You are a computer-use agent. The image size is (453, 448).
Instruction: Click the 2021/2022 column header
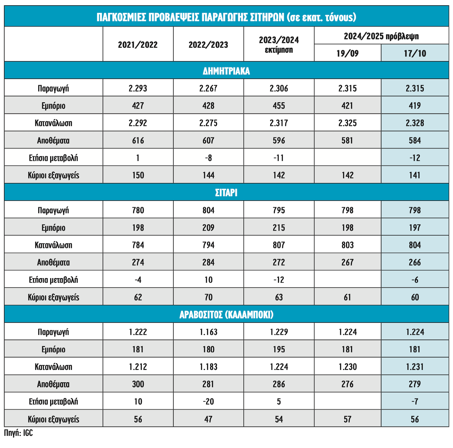coord(138,45)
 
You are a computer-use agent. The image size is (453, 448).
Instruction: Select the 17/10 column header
coord(414,53)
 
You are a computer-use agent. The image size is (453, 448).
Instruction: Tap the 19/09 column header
coord(347,53)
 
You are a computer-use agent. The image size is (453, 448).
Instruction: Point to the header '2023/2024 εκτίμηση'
coord(279,45)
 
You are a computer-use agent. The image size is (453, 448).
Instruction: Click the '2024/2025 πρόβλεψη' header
coord(381,36)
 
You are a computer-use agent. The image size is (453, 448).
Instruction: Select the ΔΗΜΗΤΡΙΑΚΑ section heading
coord(226,71)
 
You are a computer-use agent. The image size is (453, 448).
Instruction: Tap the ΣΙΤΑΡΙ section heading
coord(226,193)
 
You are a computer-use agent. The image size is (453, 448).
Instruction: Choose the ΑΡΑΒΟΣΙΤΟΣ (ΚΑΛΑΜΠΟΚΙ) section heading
coord(226,315)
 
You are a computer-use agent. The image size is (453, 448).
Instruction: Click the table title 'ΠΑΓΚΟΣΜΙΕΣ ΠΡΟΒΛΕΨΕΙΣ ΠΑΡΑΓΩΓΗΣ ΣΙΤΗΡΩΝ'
coord(226,17)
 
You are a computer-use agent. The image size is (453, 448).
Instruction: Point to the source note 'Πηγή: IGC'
coord(18,433)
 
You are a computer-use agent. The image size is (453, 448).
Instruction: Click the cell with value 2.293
coord(138,88)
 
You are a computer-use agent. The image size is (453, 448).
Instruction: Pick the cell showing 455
coord(279,106)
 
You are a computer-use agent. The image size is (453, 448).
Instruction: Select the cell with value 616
coord(138,140)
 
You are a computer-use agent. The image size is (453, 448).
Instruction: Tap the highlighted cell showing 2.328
coord(414,123)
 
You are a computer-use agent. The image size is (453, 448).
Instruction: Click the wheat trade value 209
coord(208,228)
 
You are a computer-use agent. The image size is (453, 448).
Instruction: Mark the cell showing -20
coord(208,402)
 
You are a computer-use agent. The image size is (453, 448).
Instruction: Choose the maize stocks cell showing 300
coord(138,384)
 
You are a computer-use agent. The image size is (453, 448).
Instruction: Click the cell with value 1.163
coord(208,332)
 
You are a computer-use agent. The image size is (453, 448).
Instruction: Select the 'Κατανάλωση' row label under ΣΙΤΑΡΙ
coord(53,245)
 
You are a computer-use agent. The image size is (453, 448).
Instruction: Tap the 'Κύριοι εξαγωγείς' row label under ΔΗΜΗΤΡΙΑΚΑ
coord(53,175)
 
